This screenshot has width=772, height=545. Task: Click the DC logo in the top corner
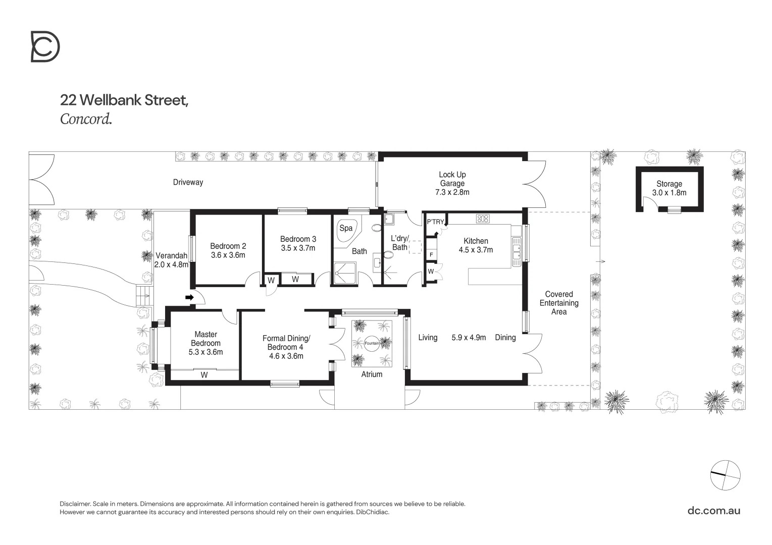(x=45, y=46)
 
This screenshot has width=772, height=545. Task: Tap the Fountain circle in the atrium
(x=372, y=343)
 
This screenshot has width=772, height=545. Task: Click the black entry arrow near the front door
(x=189, y=298)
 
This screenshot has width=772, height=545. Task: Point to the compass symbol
(x=725, y=475)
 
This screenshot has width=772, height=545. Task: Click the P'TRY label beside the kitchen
(x=435, y=222)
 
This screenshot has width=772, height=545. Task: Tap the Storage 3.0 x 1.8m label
(x=669, y=188)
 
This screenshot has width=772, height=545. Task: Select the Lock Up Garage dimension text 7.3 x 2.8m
(x=452, y=192)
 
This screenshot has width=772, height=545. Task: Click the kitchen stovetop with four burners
(x=483, y=219)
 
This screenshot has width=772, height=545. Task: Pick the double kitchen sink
(x=516, y=252)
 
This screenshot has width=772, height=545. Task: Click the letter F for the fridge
(x=431, y=255)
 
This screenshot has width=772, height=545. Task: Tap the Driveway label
(x=188, y=182)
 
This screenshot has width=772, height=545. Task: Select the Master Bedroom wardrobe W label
(x=204, y=375)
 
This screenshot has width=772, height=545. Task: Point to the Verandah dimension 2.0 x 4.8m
(x=172, y=264)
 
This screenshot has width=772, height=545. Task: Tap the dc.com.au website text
(x=714, y=510)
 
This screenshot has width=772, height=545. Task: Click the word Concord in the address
(x=85, y=119)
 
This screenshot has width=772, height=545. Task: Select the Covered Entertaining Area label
(x=559, y=303)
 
